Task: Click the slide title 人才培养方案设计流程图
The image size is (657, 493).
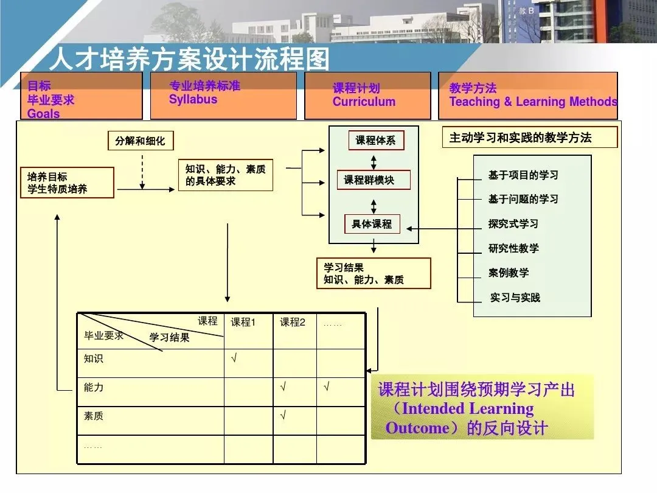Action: pyautogui.click(x=189, y=59)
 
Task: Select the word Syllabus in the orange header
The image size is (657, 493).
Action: pyautogui.click(x=193, y=99)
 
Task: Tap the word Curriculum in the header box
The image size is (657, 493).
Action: pyautogui.click(x=364, y=102)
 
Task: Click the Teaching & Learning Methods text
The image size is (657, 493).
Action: pyautogui.click(x=533, y=102)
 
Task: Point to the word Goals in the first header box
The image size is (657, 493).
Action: pyautogui.click(x=44, y=113)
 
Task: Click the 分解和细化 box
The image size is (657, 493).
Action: pyautogui.click(x=140, y=141)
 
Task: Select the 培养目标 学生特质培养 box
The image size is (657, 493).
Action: pyautogui.click(x=67, y=183)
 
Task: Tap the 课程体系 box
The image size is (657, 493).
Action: pyautogui.click(x=375, y=141)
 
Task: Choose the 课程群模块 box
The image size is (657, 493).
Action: pyautogui.click(x=374, y=180)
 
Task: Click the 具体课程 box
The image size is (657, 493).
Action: pyautogui.click(x=372, y=224)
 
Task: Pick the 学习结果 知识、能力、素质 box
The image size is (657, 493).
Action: pyautogui.click(x=373, y=273)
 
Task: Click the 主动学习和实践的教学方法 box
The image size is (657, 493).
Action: pyautogui.click(x=529, y=138)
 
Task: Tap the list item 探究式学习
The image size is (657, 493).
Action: pyautogui.click(x=513, y=224)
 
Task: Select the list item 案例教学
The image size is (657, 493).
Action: pyautogui.click(x=509, y=273)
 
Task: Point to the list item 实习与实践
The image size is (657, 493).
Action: pyautogui.click(x=515, y=298)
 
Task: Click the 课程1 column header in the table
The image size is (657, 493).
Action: pyautogui.click(x=243, y=323)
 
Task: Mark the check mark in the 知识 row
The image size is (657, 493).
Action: pyautogui.click(x=234, y=358)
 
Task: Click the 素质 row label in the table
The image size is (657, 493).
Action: pyautogui.click(x=94, y=416)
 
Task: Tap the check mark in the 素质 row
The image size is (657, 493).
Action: pyautogui.click(x=283, y=416)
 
